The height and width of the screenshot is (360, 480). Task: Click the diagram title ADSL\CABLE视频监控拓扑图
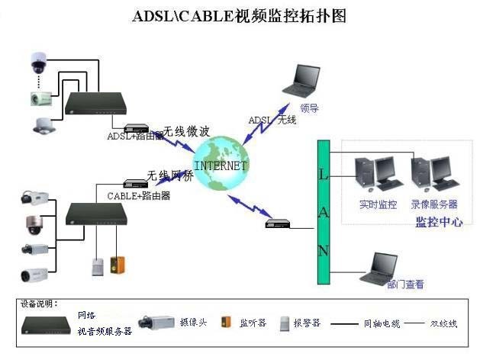[x=239, y=15]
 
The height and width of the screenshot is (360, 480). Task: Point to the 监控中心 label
[x=438, y=222]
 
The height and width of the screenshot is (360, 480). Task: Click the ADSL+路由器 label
[x=135, y=136]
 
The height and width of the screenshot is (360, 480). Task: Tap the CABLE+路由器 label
[x=138, y=196]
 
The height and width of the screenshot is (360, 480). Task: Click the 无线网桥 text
[x=169, y=175]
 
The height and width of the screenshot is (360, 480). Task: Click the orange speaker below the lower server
[x=117, y=264]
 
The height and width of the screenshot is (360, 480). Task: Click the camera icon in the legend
[x=156, y=323]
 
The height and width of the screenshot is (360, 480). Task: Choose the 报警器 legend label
[x=310, y=323]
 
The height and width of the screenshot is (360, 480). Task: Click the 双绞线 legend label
[x=443, y=323]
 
